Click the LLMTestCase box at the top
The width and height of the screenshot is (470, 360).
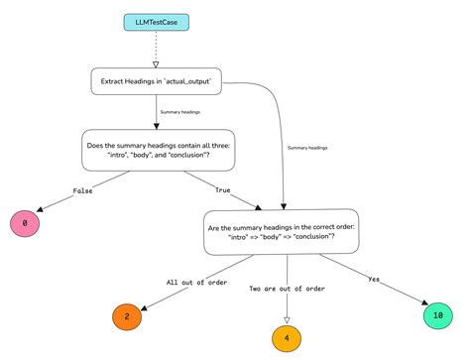coord(156,21)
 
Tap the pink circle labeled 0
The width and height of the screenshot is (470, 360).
coord(25,223)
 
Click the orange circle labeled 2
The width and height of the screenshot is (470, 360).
coord(127,316)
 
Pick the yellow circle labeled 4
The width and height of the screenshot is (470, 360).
coord(287,337)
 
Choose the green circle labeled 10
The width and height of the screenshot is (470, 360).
coord(437,315)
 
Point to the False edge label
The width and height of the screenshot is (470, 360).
coord(56,189)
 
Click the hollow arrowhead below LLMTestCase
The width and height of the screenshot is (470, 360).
coord(156,62)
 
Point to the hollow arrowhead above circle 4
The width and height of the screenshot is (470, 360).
coord(287,318)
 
